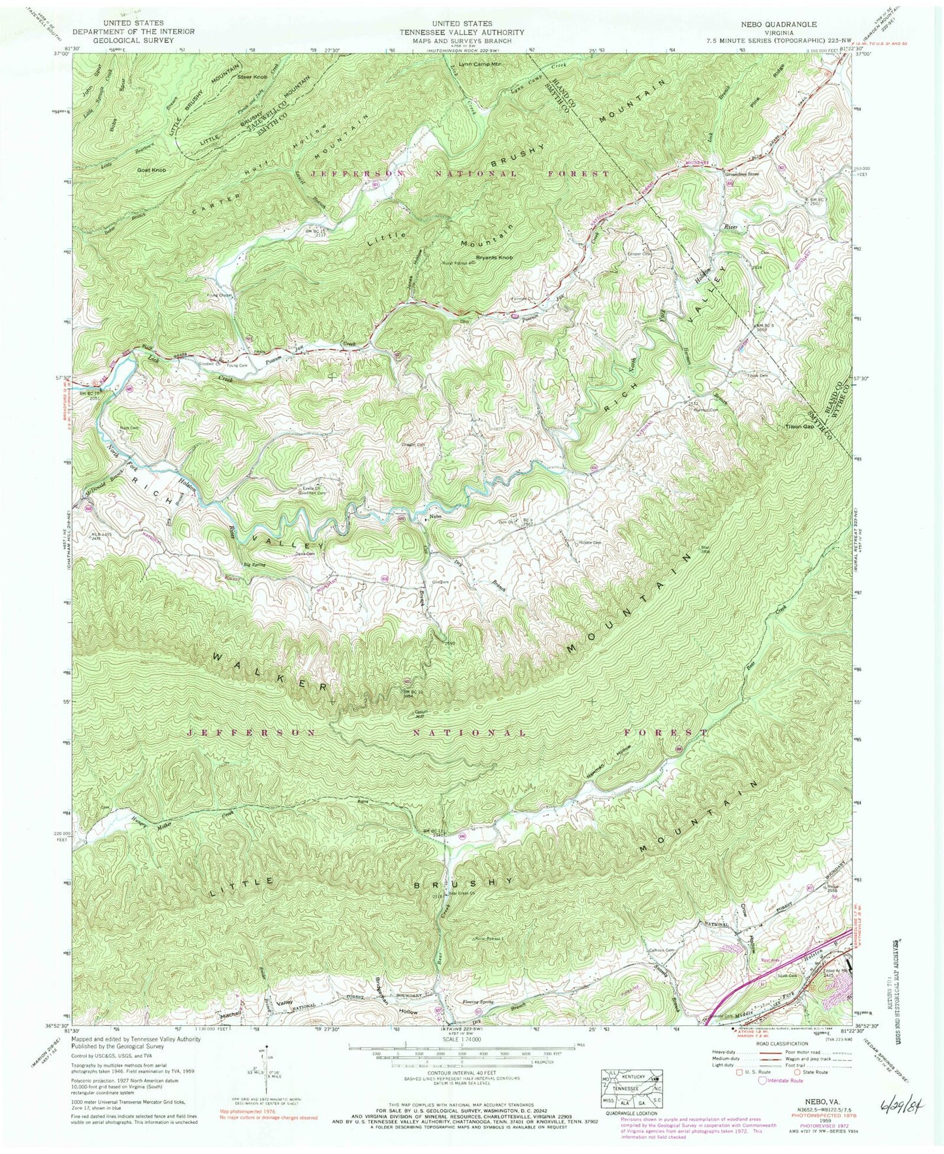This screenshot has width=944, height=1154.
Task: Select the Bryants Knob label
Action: (495, 257)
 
